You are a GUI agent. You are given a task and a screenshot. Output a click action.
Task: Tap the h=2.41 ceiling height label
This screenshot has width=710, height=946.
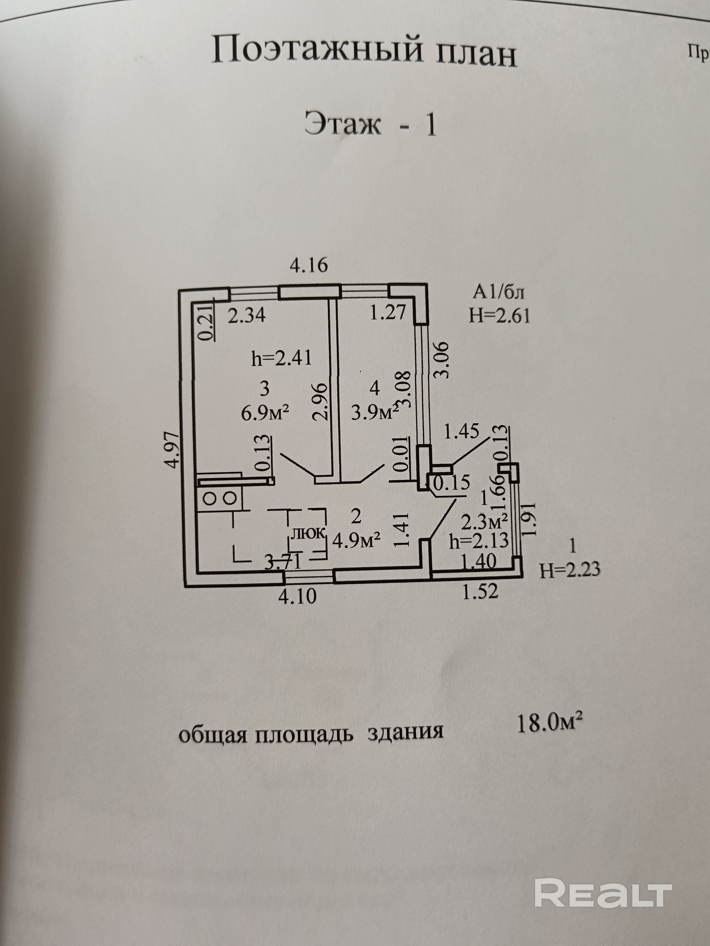(281, 358)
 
